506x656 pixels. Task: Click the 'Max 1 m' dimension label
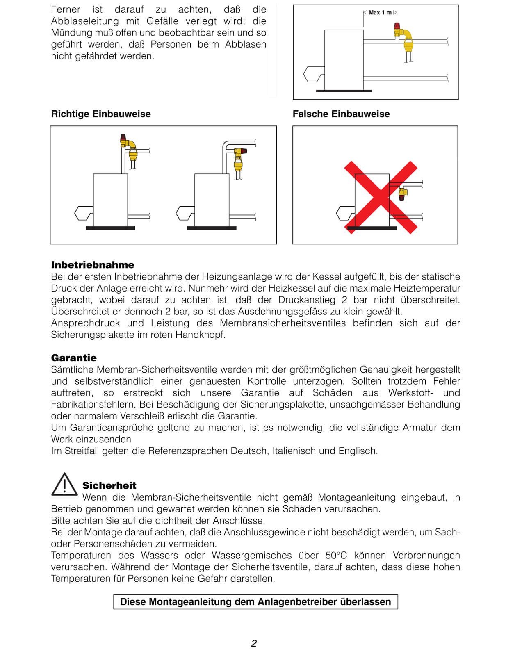tap(380, 13)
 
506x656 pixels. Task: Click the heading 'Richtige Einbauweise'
tap(101, 114)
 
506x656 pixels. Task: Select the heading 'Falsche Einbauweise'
tap(341, 114)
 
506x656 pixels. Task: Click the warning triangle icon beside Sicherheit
tap(64, 485)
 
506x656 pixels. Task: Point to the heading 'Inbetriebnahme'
tap(93, 265)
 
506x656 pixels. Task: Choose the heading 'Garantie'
tap(74, 358)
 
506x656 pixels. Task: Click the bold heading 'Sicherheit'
tap(109, 486)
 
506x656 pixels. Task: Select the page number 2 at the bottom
tap(254, 643)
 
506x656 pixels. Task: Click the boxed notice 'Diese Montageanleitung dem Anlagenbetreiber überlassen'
tap(255, 602)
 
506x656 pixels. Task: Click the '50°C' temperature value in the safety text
tap(336, 556)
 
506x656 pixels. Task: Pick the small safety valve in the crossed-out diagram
tap(403, 193)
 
